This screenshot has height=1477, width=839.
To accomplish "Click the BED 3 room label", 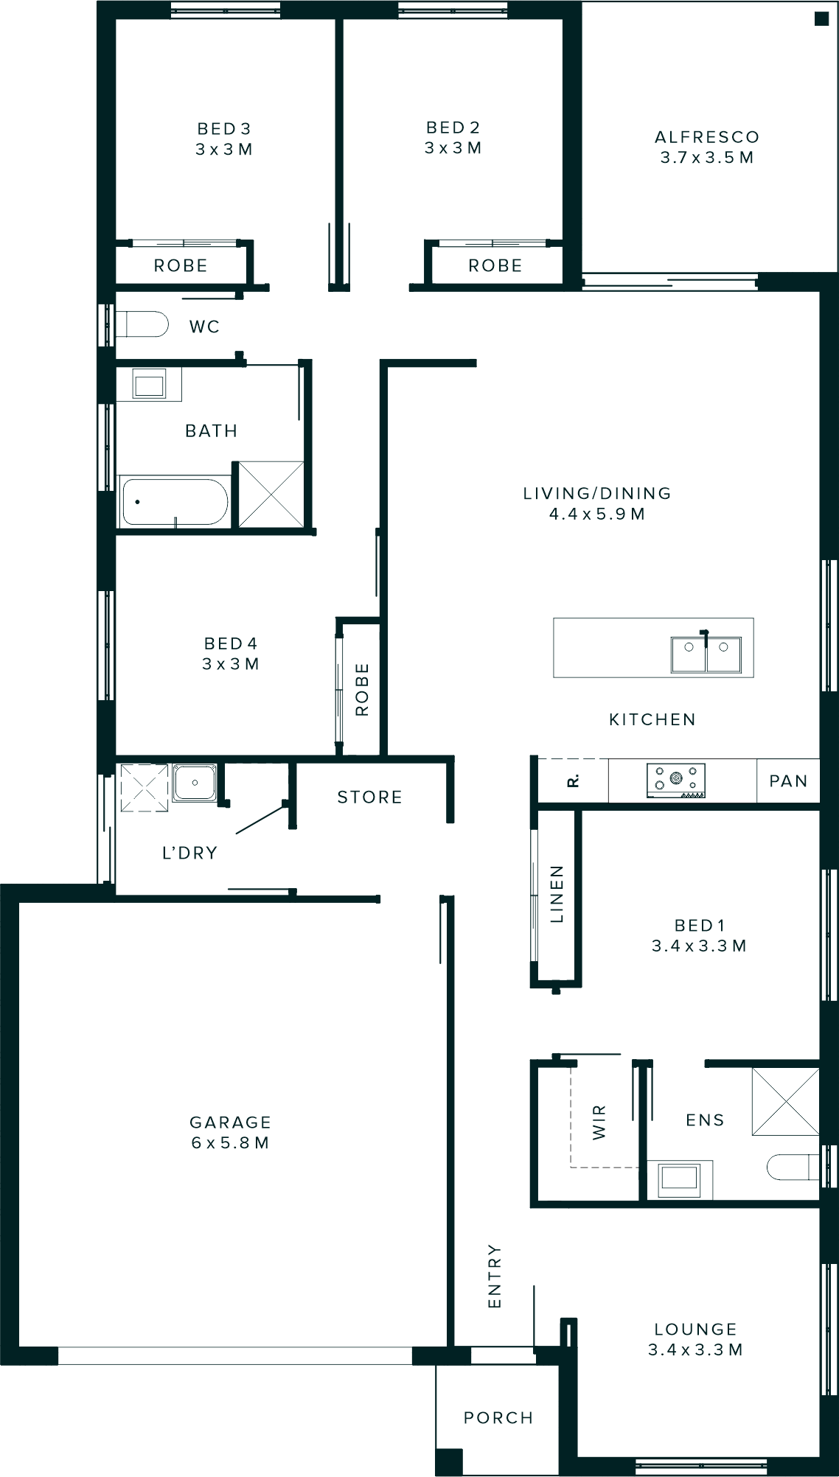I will (x=224, y=139).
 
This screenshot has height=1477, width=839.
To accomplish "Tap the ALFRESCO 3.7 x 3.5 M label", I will (x=706, y=147).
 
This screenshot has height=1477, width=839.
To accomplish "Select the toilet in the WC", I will (x=144, y=324).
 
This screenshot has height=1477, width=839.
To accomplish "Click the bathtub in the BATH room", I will (x=175, y=502).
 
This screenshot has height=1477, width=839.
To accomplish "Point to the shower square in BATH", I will (x=271, y=494).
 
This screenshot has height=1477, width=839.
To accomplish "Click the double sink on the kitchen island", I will (x=706, y=654).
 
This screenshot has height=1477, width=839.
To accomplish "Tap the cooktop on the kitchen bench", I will (x=675, y=780).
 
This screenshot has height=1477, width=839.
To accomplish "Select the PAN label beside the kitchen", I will (x=788, y=781).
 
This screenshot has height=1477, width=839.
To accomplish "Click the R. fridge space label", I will (x=573, y=781).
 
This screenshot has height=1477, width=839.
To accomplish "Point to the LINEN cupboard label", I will (x=557, y=894).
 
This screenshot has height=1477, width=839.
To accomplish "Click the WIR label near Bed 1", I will (x=599, y=1122).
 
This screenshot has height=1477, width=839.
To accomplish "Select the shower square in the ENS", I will (x=785, y=1101).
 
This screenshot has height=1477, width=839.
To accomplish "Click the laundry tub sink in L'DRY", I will (x=195, y=783).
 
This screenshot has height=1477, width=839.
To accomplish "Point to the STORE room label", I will (x=369, y=797).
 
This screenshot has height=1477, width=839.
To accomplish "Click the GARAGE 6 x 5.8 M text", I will (x=230, y=1132).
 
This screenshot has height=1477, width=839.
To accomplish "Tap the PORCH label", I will (x=498, y=1418).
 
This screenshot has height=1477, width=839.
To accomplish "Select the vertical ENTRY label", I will (x=494, y=1277).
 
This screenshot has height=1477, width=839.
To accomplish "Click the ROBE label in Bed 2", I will (x=495, y=265).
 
